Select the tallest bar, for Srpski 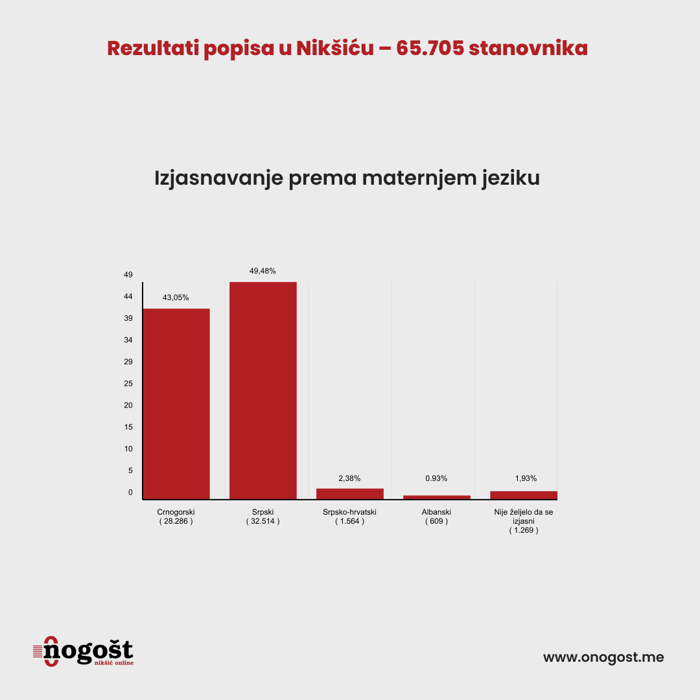[x=263, y=390]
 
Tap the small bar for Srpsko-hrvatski [x=350, y=493]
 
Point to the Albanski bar [x=437, y=497]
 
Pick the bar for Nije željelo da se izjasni [x=524, y=495]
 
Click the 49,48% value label [x=262, y=271]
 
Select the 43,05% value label [x=176, y=297]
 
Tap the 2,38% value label [x=349, y=478]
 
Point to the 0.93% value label [x=436, y=478]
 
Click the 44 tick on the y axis [x=128, y=297]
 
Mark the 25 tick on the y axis [x=128, y=384]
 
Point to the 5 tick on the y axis [x=130, y=471]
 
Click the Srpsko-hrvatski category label [x=349, y=512]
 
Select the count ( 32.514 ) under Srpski [x=262, y=521]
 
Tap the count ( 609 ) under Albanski [x=436, y=521]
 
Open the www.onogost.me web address [x=603, y=657]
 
